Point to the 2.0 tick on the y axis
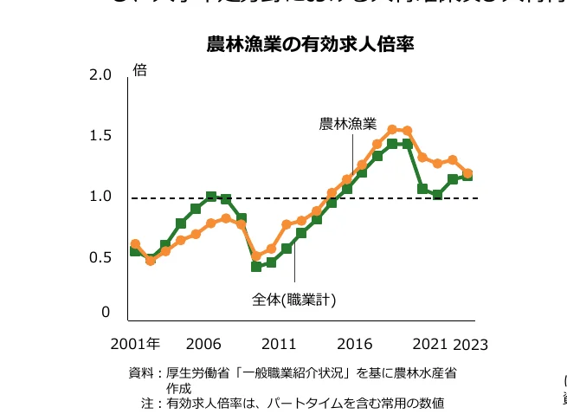pyautogui.click(x=100, y=75)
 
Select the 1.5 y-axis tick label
pyautogui.click(x=100, y=135)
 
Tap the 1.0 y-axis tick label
pyautogui.click(x=100, y=197)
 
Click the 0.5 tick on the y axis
pyautogui.click(x=100, y=257)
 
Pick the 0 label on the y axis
pyautogui.click(x=106, y=312)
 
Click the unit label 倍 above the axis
pyautogui.click(x=139, y=70)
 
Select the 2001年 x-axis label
pyautogui.click(x=135, y=344)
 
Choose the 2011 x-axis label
pyautogui.click(x=279, y=344)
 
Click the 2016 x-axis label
pyautogui.click(x=355, y=344)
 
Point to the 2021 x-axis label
pyautogui.click(x=430, y=344)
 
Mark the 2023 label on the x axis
pyautogui.click(x=471, y=345)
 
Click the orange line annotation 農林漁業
pyautogui.click(x=348, y=124)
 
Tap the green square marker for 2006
pyautogui.click(x=211, y=197)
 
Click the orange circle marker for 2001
pyautogui.click(x=135, y=244)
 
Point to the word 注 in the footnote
pyautogui.click(x=147, y=403)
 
